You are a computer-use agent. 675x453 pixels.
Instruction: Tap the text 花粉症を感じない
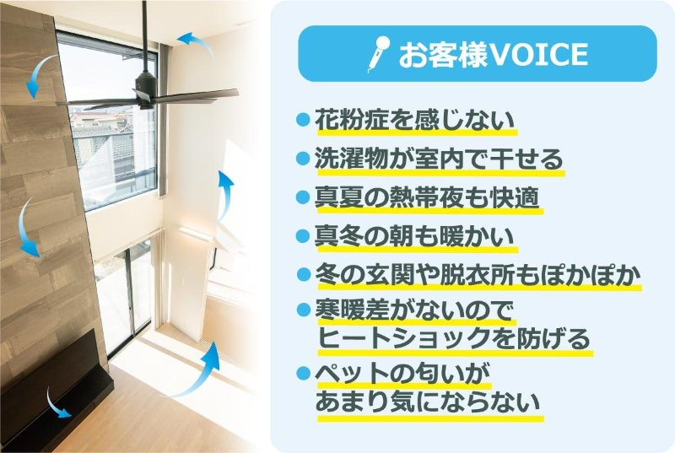coord(415,120)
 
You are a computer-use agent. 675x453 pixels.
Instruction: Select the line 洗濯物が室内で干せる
coord(439,159)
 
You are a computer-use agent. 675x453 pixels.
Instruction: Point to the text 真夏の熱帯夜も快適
coord(427,197)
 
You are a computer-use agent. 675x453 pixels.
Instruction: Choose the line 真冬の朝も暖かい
coord(415,236)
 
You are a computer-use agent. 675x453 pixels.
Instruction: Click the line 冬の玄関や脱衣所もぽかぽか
coord(478,275)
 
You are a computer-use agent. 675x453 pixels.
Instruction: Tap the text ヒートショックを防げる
coord(454,338)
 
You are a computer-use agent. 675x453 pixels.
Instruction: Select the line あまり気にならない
coord(428,402)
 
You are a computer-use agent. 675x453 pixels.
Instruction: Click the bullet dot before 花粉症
coord(304,120)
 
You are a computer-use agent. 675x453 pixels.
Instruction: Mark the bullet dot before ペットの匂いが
coord(304,373)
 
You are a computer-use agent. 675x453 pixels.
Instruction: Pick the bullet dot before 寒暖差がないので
coord(304,309)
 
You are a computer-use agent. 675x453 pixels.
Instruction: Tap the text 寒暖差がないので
coord(415,310)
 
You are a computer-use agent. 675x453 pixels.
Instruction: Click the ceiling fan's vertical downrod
coord(144,36)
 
